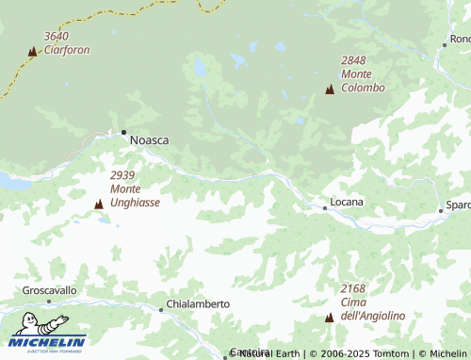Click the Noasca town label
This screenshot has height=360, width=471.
click(149, 139)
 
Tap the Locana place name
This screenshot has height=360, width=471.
click(348, 203)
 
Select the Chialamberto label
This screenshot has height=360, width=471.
click(198, 304)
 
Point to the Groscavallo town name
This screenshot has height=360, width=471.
click(50, 291)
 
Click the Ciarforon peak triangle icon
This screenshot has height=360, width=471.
click(33, 52)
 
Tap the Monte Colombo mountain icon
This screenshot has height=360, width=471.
click(329, 90)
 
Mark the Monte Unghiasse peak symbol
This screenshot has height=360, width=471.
click(99, 204)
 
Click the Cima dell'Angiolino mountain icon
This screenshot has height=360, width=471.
click(329, 318)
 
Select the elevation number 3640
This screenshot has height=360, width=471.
click(57, 37)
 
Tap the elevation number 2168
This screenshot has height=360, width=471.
click(353, 288)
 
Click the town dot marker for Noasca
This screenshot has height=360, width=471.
click(123, 132)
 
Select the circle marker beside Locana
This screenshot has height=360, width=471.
click(325, 207)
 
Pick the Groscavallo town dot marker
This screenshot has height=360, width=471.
click(49, 302)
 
